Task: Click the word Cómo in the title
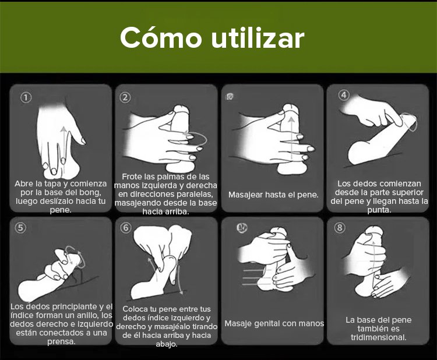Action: coord(161,38)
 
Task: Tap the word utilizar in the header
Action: coord(258,38)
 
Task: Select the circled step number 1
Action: coord(26,97)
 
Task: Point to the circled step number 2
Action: coord(125,97)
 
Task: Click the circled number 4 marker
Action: coord(344,95)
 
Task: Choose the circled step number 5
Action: coord(20,228)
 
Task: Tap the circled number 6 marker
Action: coord(126,228)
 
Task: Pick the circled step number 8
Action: coord(340,228)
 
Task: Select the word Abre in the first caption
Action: coord(24,184)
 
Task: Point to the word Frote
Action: coord(132,177)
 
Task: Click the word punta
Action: coord(379,210)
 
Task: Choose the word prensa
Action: coord(61,341)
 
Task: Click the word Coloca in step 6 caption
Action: coord(135,309)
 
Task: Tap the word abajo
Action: coord(167,344)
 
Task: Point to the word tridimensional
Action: coord(379,337)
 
